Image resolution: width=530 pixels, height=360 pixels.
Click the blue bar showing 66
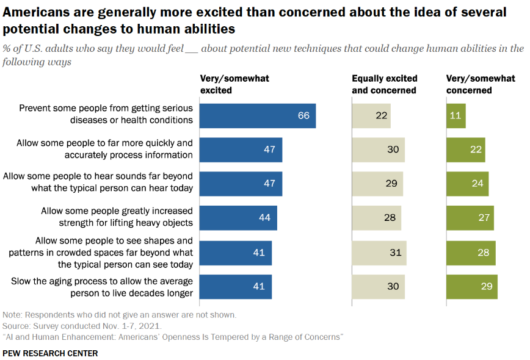coord(258,115)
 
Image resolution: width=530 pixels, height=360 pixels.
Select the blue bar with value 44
coord(238,218)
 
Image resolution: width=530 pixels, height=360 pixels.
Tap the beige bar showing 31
coord(379,253)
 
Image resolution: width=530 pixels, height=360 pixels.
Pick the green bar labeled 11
coord(456,115)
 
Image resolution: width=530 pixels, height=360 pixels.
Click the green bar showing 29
coord(472,287)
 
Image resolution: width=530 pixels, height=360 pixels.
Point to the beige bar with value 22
coord(371,115)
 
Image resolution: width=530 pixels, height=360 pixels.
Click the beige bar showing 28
coord(376,218)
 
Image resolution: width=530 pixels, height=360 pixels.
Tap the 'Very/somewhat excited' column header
coord(234,84)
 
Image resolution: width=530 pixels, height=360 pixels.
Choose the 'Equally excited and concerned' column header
coord(385,84)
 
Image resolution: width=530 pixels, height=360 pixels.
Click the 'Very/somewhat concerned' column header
coord(481,84)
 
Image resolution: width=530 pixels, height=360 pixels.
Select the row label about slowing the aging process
coord(103,287)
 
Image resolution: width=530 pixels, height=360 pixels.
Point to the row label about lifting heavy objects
coord(117,217)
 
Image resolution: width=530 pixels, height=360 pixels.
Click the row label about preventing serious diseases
coord(106,114)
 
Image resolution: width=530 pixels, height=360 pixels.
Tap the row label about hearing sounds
coord(98,182)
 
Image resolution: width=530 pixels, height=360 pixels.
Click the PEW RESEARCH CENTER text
coord(50,353)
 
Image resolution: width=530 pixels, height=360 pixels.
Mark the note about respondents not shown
coord(119,315)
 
